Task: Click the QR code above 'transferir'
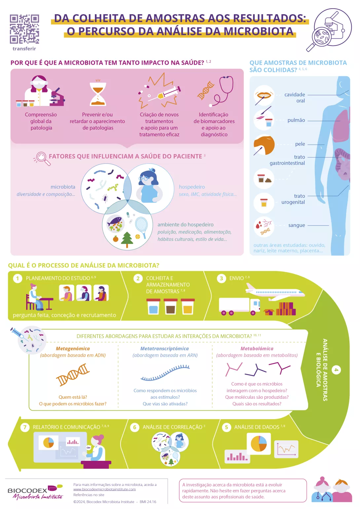tap(24, 29)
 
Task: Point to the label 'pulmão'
tap(296, 120)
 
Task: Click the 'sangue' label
tap(297, 225)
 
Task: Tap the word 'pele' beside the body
tap(300, 144)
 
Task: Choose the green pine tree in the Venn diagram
tap(127, 240)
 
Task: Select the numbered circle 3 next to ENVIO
tap(221, 278)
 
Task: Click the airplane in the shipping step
tap(275, 292)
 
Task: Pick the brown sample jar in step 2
tap(170, 307)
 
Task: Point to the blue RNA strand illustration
tap(165, 372)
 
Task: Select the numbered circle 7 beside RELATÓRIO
tap(25, 427)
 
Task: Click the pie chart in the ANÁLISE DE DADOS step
tap(259, 443)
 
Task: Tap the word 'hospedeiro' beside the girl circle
tap(192, 187)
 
